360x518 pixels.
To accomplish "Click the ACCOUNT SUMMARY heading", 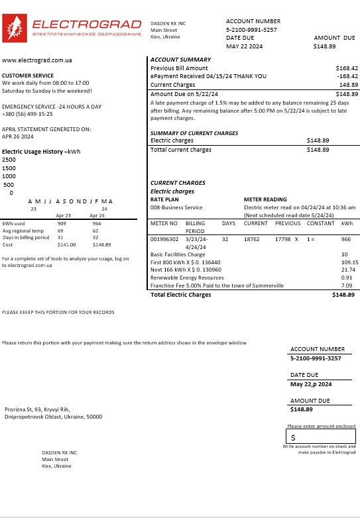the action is (181, 60).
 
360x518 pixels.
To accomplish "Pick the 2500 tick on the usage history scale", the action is (9, 160).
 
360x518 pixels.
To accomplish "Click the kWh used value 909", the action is (62, 224).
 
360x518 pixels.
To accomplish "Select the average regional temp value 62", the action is (96, 231).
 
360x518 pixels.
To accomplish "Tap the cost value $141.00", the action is (67, 244).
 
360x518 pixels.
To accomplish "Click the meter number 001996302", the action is (164, 238).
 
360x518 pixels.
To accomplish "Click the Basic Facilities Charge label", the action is (178, 254).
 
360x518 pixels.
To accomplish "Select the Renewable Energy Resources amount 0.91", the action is (346, 278).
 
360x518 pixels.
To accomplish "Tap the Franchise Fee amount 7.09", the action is (346, 285).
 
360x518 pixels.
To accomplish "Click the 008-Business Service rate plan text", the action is (176, 207).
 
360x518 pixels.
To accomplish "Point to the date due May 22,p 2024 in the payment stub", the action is (311, 384).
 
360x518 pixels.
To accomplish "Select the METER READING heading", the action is (265, 199).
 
